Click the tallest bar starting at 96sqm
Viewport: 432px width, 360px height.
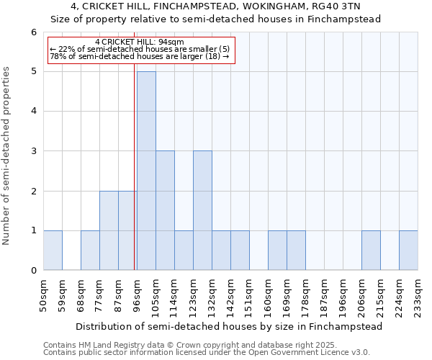pos(146,171)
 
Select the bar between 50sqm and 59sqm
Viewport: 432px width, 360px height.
pos(53,251)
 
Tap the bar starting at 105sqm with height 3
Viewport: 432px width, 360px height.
pos(165,210)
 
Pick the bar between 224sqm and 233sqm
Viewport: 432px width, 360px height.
pos(408,251)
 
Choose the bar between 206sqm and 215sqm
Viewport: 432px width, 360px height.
pos(371,251)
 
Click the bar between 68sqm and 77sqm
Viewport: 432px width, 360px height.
pos(90,251)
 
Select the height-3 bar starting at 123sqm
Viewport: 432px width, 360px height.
pos(202,210)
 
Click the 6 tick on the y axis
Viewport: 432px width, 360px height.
pos(33,32)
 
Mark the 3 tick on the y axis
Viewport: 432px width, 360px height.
pos(33,151)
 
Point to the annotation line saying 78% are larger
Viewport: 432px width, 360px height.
pos(140,56)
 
